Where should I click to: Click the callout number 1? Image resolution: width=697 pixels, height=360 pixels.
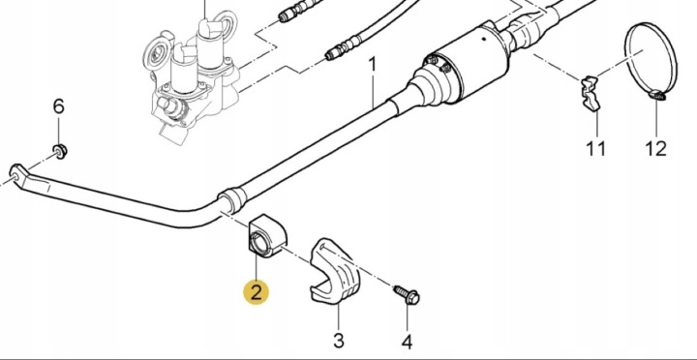coord(373,66)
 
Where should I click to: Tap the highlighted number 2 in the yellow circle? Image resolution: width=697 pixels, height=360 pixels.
coord(256,292)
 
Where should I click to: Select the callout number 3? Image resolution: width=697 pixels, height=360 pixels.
coord(339,341)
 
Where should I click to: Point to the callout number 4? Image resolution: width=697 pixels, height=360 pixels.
coord(407,342)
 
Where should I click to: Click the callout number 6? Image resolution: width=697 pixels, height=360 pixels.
coord(59,106)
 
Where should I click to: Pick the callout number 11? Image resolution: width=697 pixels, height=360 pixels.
coord(596,148)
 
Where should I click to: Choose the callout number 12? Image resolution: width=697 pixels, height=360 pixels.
coord(656,148)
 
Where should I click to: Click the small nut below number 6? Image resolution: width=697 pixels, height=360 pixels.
coord(60,151)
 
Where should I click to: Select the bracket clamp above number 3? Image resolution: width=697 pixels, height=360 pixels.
coord(334,272)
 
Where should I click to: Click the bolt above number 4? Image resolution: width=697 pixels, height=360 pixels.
coord(408,294)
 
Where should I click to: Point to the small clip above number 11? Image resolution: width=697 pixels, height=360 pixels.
coord(591,94)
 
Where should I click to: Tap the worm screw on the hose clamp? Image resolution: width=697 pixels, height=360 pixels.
coord(656,94)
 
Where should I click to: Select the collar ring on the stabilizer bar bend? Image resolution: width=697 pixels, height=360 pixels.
coord(232,199)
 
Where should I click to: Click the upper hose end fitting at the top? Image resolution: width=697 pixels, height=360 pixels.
coord(297,12)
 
